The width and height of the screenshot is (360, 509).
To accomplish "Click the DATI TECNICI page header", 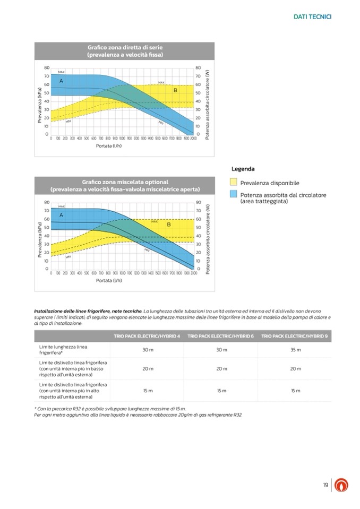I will click(312, 17).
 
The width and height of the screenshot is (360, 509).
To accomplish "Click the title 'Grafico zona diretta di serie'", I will click(125, 48).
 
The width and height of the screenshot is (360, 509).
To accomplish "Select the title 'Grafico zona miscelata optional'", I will click(125, 181).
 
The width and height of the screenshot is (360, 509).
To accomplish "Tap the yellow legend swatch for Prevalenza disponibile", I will click(234, 182).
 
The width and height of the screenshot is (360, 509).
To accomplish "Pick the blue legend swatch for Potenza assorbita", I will click(234, 194).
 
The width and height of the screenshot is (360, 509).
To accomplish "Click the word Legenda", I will click(243, 169).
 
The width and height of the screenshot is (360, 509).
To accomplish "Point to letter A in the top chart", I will click(61, 81).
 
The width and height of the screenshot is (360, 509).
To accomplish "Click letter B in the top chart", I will click(175, 91).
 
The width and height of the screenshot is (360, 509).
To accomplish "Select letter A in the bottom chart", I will click(61, 215).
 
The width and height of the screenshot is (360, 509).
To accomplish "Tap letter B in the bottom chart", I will click(169, 225).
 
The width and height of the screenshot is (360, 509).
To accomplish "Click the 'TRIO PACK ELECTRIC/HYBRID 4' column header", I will click(147, 335).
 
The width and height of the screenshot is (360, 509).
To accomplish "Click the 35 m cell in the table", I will click(295, 350).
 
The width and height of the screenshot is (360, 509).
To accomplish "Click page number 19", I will click(325, 485).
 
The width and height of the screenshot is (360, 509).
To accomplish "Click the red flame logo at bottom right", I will click(341, 486).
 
